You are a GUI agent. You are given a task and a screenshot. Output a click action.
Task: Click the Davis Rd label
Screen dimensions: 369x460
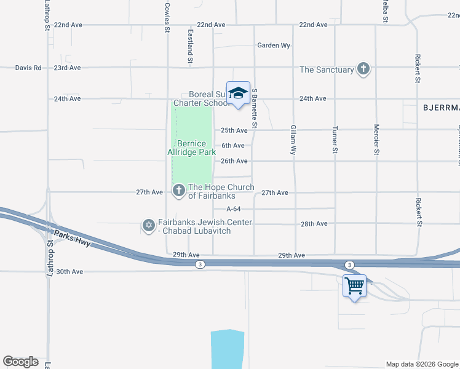tap(28, 68)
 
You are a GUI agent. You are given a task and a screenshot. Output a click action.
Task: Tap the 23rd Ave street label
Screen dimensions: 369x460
tap(68, 68)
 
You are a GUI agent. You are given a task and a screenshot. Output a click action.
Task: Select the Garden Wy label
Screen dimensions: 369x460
tap(274, 46)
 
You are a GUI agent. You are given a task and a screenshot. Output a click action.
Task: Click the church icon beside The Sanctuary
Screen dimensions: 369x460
tap(363, 69)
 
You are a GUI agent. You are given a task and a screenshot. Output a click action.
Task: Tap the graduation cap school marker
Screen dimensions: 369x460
tap(237, 93)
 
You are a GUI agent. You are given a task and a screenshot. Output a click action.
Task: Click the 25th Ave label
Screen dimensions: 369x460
tap(234, 130)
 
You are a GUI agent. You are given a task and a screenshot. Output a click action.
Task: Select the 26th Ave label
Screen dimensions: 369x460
tap(234, 161)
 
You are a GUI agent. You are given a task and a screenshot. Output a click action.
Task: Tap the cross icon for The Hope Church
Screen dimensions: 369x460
tap(178, 191)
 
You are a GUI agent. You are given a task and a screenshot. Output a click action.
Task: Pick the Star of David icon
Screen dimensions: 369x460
tap(148, 226)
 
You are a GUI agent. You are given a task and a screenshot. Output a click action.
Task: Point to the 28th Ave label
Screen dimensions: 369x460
tap(314, 224)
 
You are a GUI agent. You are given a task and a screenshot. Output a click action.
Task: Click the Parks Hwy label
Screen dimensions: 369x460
tap(72, 239)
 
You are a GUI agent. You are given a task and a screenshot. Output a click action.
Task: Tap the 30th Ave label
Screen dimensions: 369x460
tap(69, 271)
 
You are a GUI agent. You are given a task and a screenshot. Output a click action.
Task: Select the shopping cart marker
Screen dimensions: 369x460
tap(354, 286)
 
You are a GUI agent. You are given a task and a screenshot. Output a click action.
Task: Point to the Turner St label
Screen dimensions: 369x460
tap(335, 141)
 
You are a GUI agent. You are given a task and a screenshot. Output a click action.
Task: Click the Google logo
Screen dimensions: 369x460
tap(20, 361)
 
